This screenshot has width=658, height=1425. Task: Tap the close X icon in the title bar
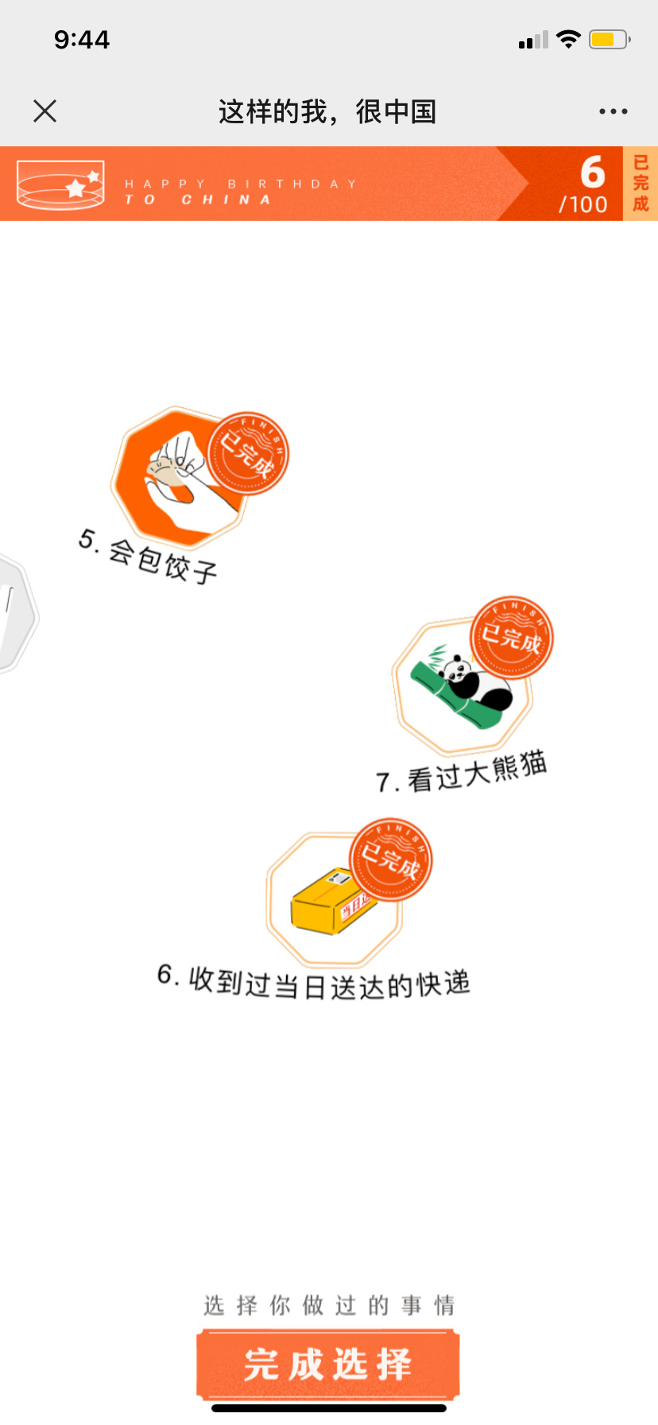tap(45, 111)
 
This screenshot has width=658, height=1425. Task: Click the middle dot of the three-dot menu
tap(613, 111)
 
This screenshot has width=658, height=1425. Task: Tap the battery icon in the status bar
tap(610, 39)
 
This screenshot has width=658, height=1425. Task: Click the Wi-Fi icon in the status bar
tap(569, 39)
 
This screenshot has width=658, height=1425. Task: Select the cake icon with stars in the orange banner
tap(60, 184)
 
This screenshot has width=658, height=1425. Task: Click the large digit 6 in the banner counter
tap(593, 171)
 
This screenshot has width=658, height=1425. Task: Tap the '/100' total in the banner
tap(583, 204)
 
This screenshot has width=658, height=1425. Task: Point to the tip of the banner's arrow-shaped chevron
tap(528, 184)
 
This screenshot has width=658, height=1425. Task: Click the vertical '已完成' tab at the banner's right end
tap(641, 184)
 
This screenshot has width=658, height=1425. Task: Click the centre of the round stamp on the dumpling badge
tap(248, 453)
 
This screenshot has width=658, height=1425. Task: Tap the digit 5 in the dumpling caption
tap(86, 538)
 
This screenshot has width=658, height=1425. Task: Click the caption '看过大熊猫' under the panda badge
tap(477, 772)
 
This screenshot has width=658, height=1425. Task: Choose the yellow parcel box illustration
tap(332, 901)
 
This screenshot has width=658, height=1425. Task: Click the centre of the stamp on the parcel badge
tap(391, 860)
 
